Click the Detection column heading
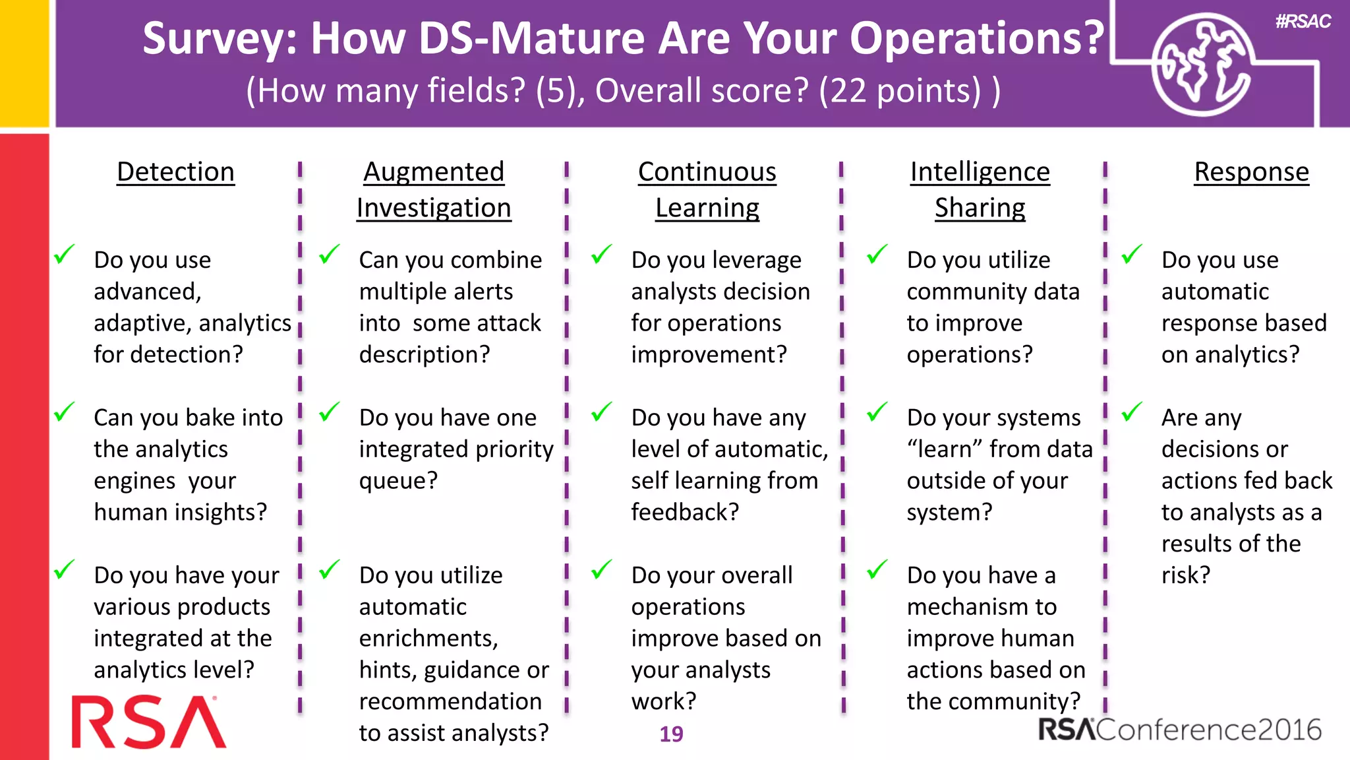point(175,172)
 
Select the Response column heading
point(1251,172)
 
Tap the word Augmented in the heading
point(434,172)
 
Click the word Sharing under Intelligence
point(980,208)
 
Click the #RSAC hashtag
point(1303,22)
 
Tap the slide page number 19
point(671,734)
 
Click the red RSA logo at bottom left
point(148,722)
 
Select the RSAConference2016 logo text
point(1180,730)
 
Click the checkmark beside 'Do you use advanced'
point(65,254)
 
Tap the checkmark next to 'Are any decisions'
point(1132,412)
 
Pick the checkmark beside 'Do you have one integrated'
point(330,412)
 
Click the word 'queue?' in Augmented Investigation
point(398,481)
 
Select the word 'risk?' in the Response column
point(1185,575)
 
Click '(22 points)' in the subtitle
point(900,90)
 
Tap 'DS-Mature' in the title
point(531,38)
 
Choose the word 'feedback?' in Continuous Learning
point(685,513)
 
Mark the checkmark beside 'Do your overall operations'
point(602,569)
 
